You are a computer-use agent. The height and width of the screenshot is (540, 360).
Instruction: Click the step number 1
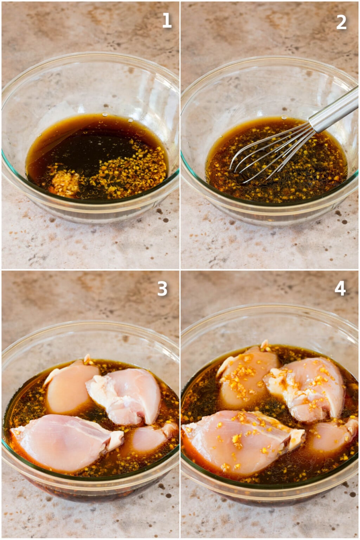click(x=167, y=21)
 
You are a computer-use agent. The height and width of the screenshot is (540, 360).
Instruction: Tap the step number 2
click(x=341, y=22)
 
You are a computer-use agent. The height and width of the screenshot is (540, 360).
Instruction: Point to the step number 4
click(x=340, y=288)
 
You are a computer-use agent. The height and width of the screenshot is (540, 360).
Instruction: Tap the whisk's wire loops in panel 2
click(x=267, y=155)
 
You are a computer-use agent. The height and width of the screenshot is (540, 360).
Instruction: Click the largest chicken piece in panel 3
click(x=63, y=441)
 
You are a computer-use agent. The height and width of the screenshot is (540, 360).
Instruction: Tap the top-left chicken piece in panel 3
click(x=70, y=385)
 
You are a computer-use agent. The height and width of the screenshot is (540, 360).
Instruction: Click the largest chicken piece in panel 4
click(x=239, y=439)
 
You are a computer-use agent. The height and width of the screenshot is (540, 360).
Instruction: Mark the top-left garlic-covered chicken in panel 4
click(x=246, y=374)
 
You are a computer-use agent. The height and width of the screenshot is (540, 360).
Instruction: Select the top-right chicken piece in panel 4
click(x=309, y=387)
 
